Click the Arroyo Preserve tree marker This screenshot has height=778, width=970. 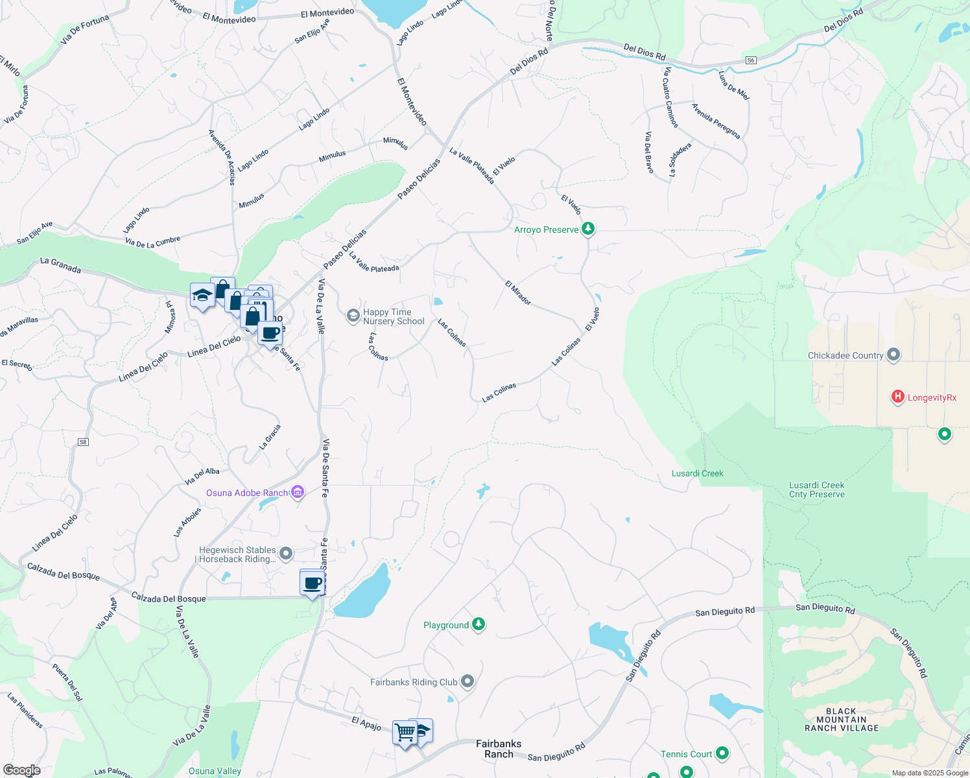point(588,229)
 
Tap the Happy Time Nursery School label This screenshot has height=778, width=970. point(393,316)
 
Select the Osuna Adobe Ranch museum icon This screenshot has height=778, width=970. point(298,493)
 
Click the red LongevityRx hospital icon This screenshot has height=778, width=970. point(897,397)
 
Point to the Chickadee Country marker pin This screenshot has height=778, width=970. point(893,355)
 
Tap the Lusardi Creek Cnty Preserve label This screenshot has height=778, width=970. point(816,489)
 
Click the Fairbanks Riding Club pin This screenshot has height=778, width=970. point(467,681)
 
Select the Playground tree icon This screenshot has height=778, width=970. point(479,624)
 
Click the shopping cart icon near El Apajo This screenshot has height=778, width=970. point(405,733)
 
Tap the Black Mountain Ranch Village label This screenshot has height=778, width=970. point(841,720)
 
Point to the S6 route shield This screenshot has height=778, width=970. point(751,60)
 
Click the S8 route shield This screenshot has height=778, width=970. point(83,442)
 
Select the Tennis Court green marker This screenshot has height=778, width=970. point(722,753)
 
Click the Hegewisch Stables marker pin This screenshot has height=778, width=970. point(286,554)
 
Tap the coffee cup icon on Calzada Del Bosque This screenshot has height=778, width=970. point(313,583)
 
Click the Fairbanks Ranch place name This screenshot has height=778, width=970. point(499,749)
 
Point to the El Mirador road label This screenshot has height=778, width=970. point(518,293)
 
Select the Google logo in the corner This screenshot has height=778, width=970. point(22,770)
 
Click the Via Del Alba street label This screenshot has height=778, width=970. point(202,477)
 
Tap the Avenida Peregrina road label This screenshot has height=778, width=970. point(716,121)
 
